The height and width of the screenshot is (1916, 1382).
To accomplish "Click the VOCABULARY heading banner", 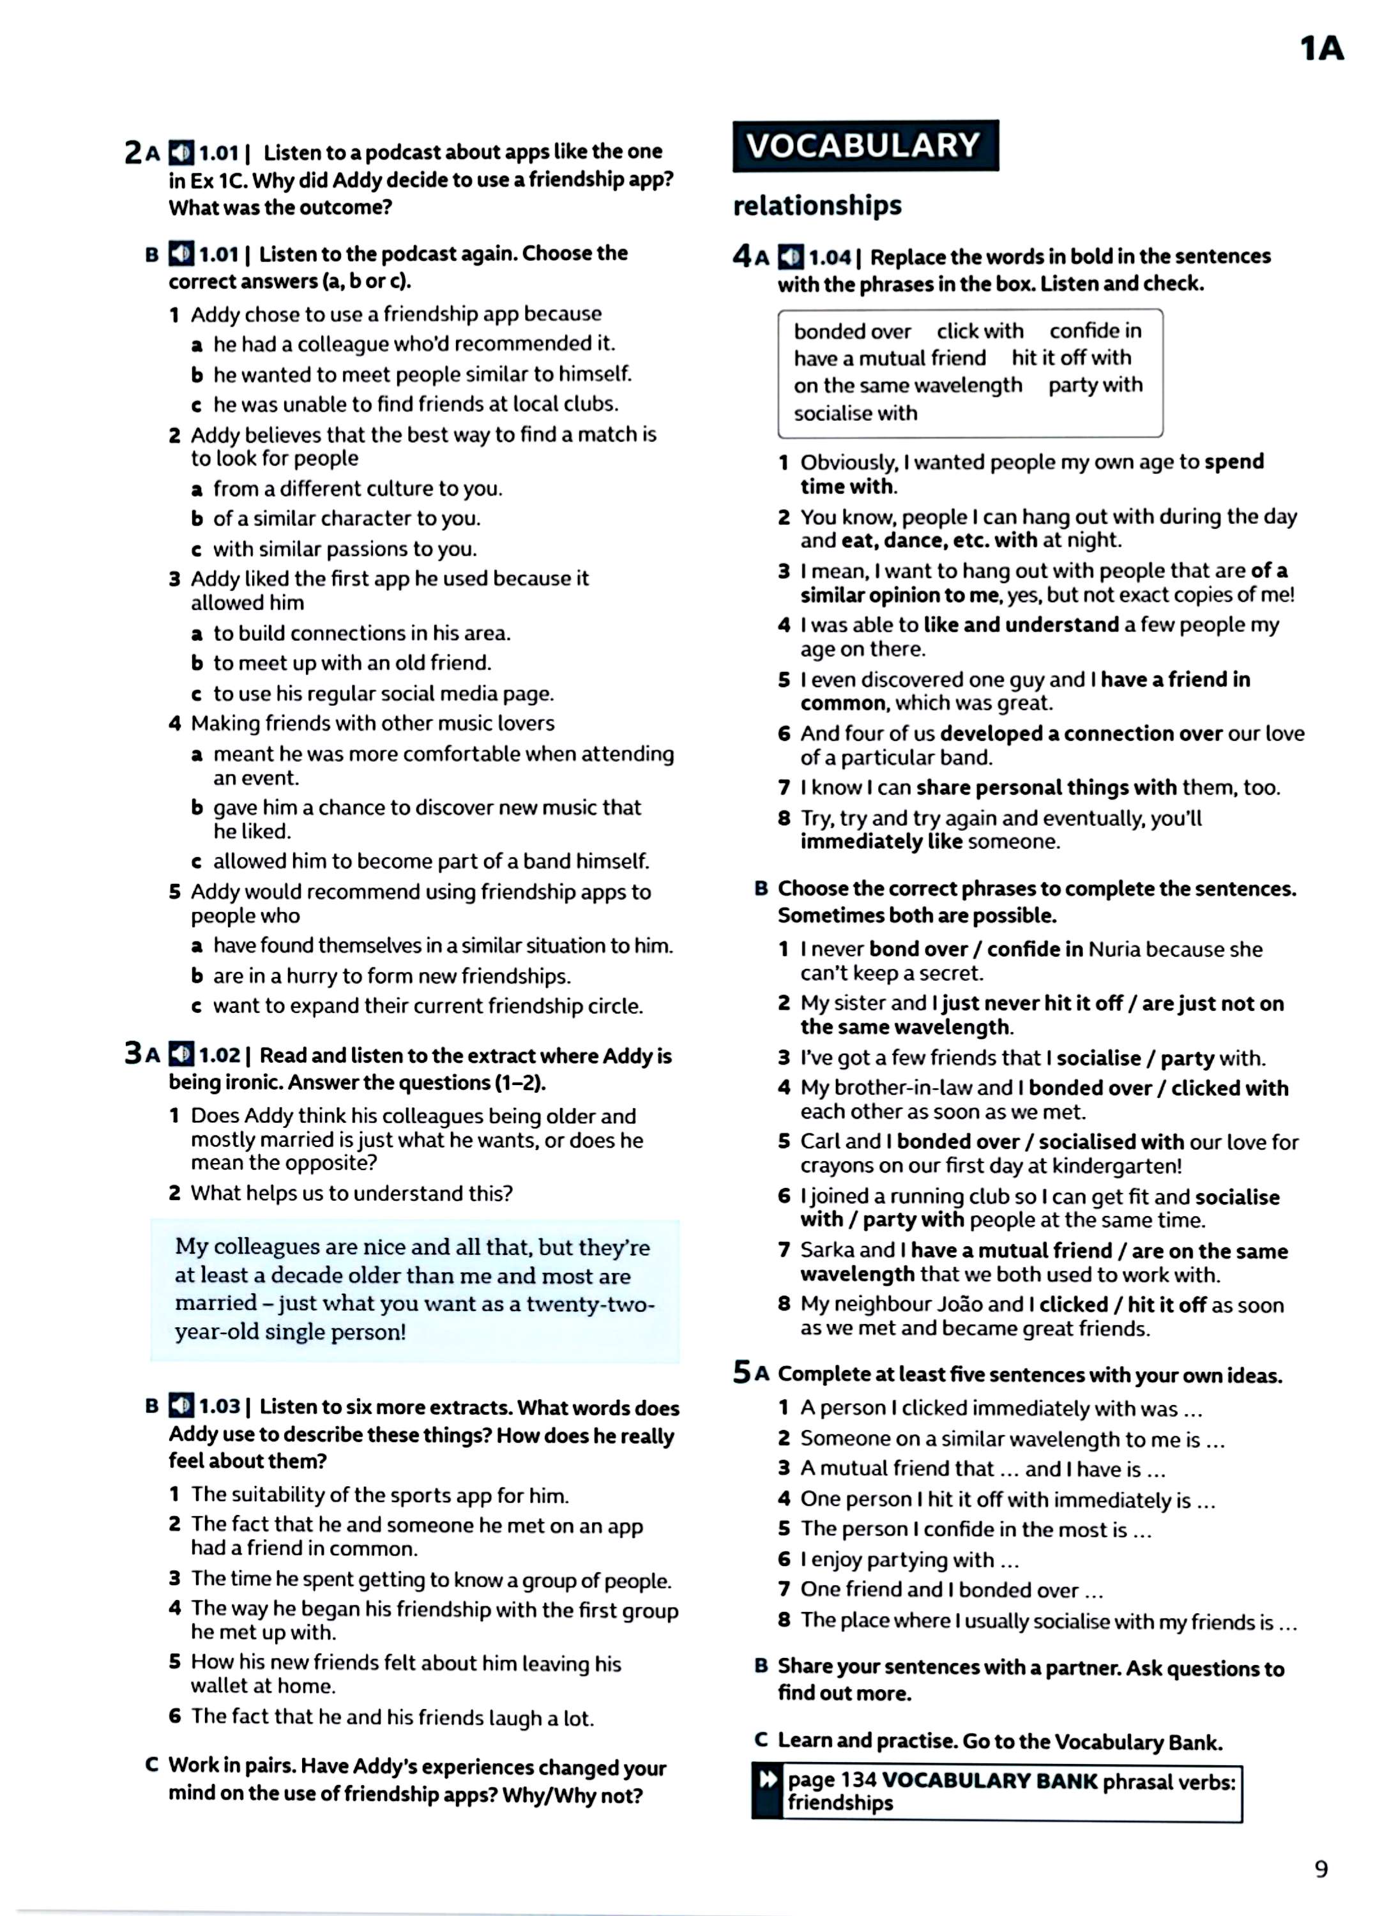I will click(x=864, y=146).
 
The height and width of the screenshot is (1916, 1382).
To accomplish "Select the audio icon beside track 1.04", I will click(x=791, y=257).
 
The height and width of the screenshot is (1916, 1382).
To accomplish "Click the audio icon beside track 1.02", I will click(x=181, y=1054).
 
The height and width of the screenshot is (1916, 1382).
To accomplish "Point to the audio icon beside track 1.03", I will click(x=181, y=1406).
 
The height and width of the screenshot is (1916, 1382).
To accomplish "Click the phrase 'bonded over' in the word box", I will click(x=851, y=331).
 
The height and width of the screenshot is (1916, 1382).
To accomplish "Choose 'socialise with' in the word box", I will click(x=855, y=413).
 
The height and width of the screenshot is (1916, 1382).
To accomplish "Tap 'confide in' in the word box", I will click(x=1095, y=331).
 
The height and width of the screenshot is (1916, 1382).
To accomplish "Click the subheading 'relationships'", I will click(x=817, y=205).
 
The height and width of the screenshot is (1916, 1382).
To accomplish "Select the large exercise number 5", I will click(x=741, y=1372).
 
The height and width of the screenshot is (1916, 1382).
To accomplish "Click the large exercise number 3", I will click(x=133, y=1053).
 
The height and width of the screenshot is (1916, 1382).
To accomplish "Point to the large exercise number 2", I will click(x=133, y=152).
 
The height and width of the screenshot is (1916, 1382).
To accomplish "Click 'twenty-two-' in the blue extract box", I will click(x=591, y=1304).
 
